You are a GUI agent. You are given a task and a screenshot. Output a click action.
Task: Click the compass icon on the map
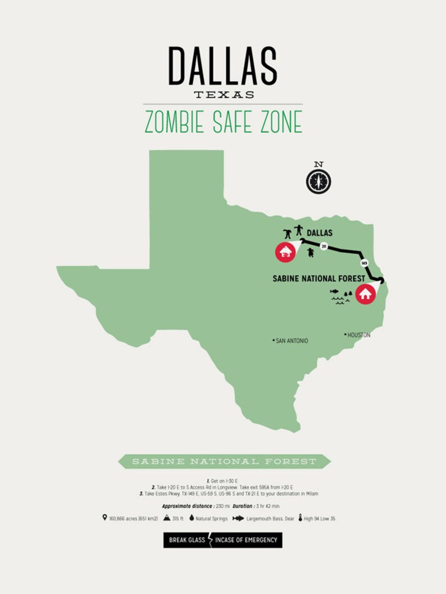(x=318, y=181)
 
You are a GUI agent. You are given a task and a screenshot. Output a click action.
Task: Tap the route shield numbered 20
(x=323, y=246)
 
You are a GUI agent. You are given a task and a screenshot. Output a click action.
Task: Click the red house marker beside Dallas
(x=285, y=252)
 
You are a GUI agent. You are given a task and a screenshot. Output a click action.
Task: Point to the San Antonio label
(x=290, y=341)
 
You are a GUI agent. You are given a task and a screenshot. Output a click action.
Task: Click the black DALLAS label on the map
(x=320, y=232)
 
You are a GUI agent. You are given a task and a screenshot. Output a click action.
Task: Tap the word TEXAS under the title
(x=224, y=94)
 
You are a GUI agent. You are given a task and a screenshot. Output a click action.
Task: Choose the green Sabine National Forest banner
(x=224, y=462)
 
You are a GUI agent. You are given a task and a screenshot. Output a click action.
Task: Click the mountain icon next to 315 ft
(x=167, y=518)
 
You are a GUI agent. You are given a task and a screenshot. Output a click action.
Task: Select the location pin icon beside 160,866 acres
(x=104, y=518)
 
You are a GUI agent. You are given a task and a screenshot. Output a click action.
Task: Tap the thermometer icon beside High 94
(x=301, y=518)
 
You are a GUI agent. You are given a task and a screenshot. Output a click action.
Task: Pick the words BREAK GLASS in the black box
(x=187, y=540)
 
